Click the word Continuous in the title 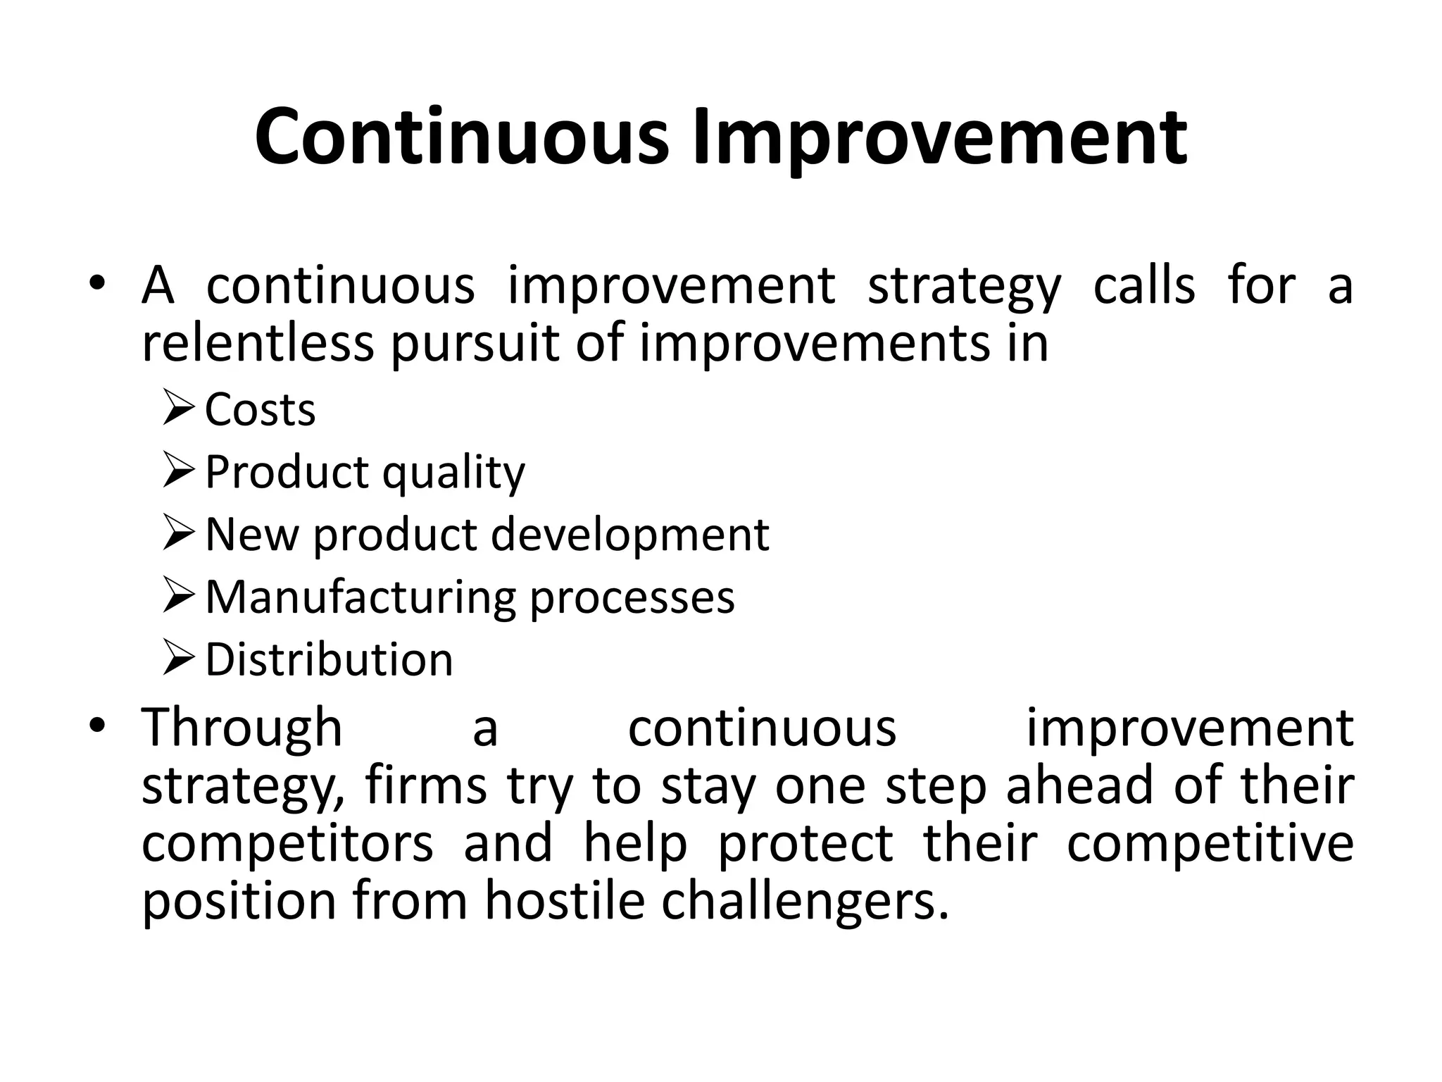pos(461,137)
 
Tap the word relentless pos(257,343)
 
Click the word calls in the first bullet pos(1144,285)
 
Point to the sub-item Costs pos(260,409)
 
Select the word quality pos(453,473)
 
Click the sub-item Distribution pos(329,660)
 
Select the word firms pos(425,785)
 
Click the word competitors pos(287,843)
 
